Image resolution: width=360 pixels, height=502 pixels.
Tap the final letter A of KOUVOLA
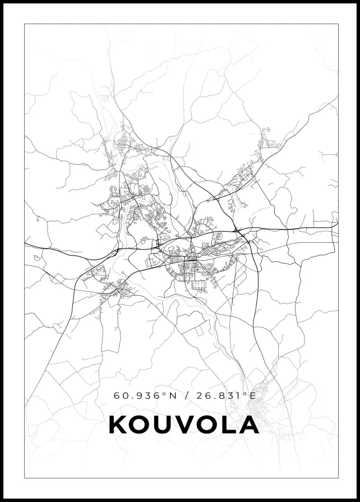coord(248,425)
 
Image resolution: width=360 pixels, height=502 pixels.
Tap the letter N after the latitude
coord(173,395)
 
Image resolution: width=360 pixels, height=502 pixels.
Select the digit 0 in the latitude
coord(124,395)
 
